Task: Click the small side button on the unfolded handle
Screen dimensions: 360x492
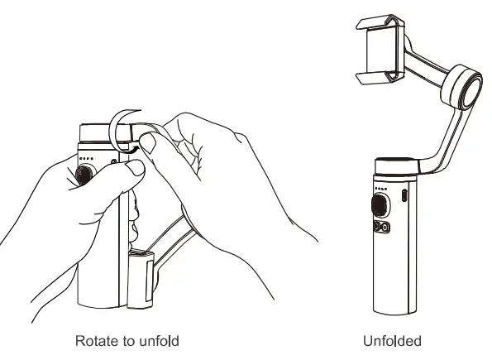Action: point(404,195)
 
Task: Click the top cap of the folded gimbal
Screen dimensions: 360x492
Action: point(98,132)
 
